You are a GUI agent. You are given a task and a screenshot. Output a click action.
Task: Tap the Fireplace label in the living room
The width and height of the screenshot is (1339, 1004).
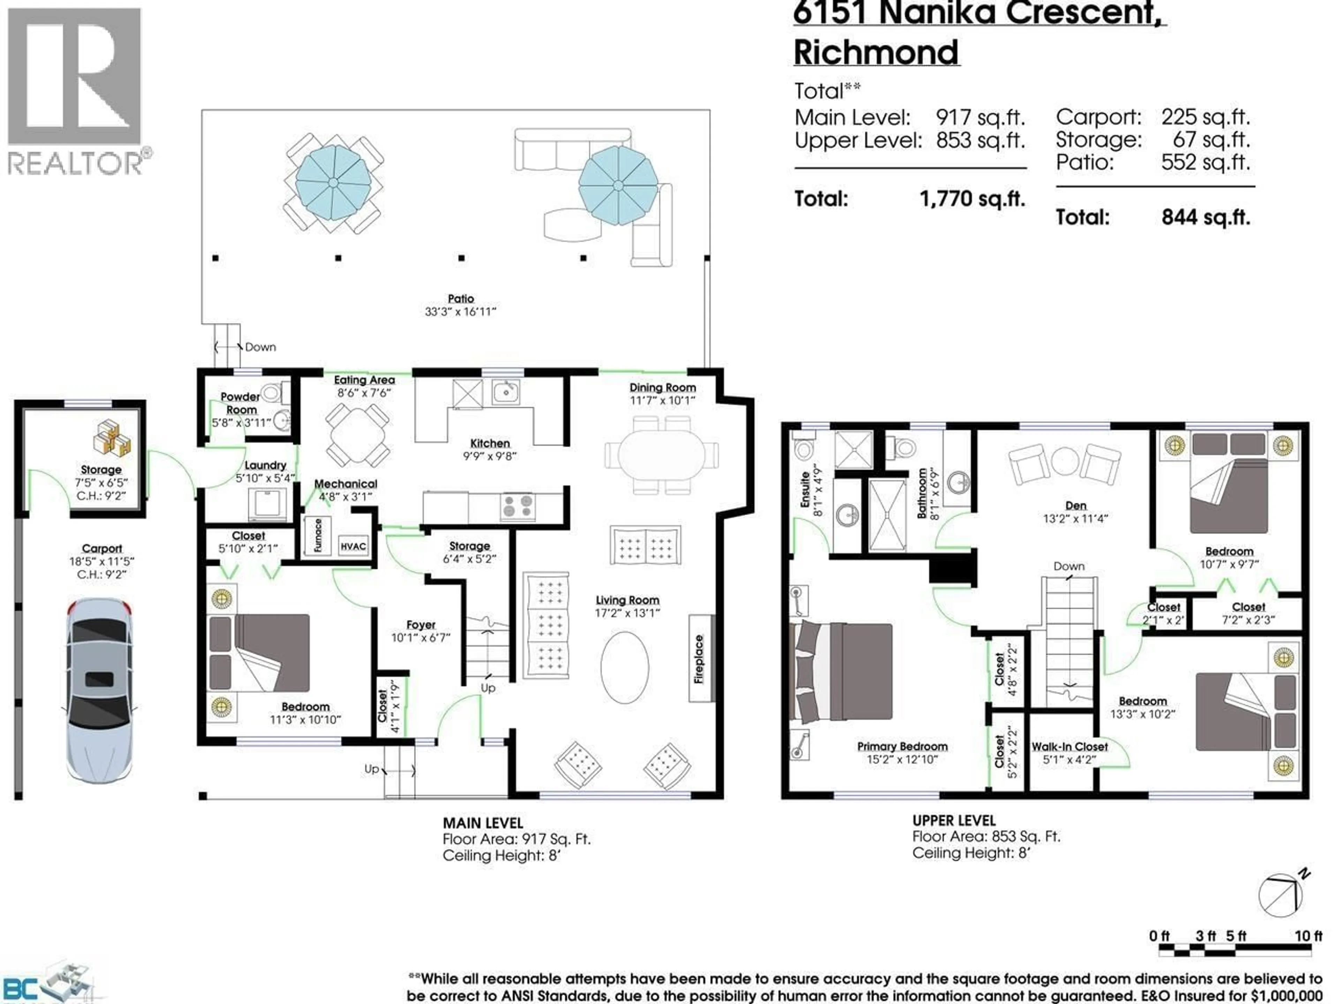699,659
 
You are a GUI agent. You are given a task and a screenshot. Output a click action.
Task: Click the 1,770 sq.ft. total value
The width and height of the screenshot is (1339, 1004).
971,198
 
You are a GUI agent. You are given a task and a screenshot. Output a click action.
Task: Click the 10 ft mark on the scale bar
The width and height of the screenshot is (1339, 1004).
1308,936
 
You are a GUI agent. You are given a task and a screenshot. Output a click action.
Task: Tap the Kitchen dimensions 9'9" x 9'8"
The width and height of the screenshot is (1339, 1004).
490,456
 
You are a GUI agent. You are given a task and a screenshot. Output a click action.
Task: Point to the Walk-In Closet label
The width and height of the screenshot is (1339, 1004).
1069,747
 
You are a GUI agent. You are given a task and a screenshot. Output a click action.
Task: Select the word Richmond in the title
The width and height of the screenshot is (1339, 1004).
876,53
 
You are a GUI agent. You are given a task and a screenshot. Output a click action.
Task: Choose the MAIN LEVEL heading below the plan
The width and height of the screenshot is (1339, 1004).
483,823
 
